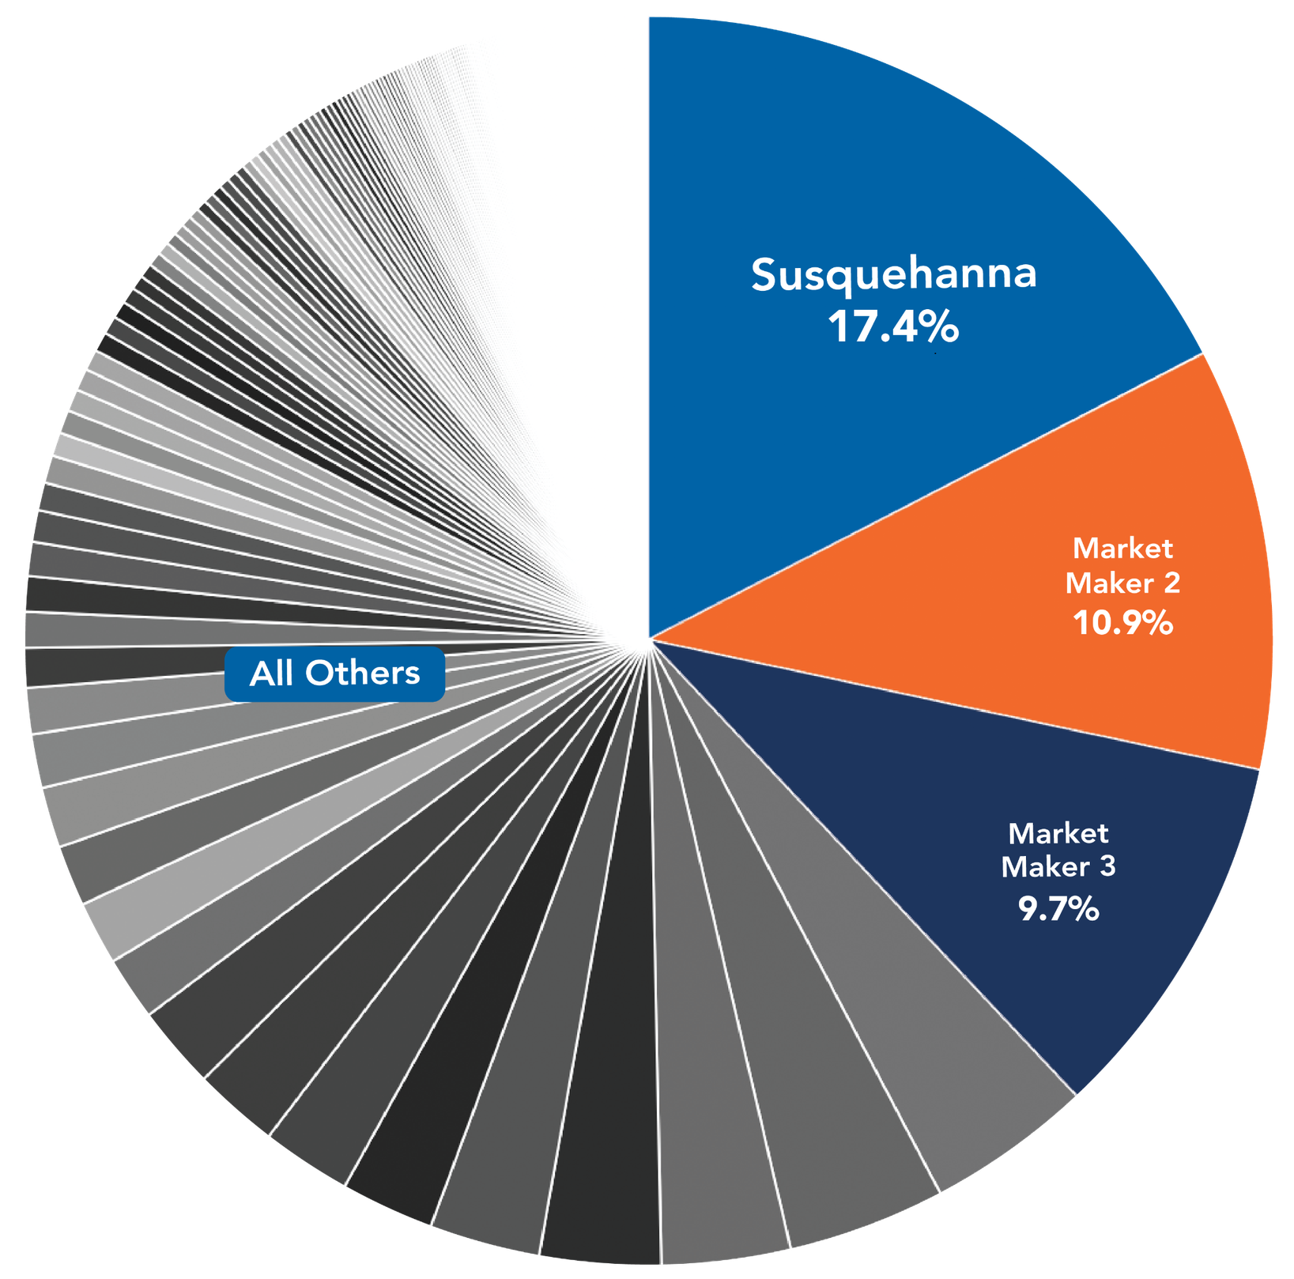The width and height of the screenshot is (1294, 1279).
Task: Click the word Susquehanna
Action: (893, 275)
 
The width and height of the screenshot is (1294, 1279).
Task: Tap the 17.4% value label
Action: (893, 326)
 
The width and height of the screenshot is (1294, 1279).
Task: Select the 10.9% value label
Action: (1122, 624)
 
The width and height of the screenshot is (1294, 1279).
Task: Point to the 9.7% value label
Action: (1058, 909)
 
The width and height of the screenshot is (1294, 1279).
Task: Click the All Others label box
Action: (334, 673)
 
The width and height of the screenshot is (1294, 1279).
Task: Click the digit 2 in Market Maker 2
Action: (1171, 583)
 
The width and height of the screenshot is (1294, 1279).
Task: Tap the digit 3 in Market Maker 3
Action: (1107, 866)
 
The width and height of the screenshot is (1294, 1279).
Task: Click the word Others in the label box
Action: (363, 673)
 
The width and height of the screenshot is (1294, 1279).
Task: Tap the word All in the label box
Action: (271, 673)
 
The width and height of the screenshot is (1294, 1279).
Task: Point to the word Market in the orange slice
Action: (1122, 549)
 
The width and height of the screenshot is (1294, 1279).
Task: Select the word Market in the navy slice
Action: (1058, 833)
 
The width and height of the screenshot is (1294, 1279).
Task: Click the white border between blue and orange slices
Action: (925, 496)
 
